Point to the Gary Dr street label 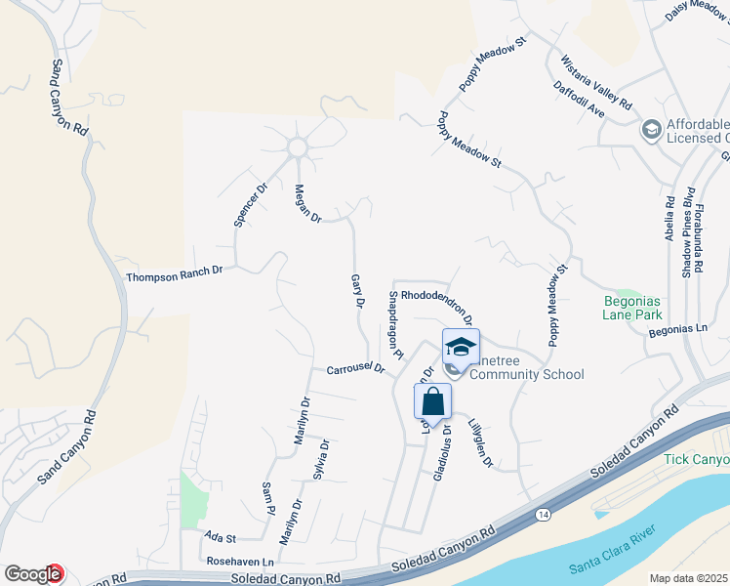pyautogui.click(x=357, y=292)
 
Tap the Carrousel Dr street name pyautogui.click(x=356, y=370)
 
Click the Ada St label pyautogui.click(x=221, y=538)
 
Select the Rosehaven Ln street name pyautogui.click(x=240, y=563)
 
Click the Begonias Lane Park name pyautogui.click(x=631, y=308)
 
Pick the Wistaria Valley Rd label pyautogui.click(x=596, y=83)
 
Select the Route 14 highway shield pyautogui.click(x=542, y=513)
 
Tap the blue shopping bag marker pyautogui.click(x=432, y=400)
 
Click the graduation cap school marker pyautogui.click(x=461, y=346)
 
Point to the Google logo pyautogui.click(x=33, y=574)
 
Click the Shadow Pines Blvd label pyautogui.click(x=687, y=231)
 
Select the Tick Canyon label pyautogui.click(x=696, y=459)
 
